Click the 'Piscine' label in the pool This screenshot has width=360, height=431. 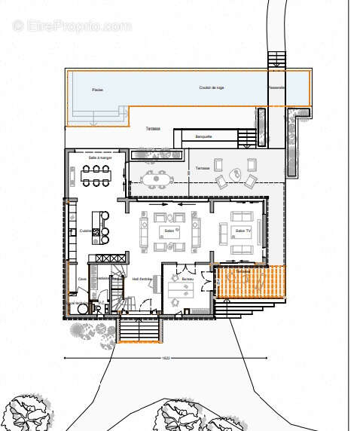97,90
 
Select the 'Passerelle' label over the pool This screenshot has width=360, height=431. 276,87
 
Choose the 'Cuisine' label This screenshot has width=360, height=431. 84,230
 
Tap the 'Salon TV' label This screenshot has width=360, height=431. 242,231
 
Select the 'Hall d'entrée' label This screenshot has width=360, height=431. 142,279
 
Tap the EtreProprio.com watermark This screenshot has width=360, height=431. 72,26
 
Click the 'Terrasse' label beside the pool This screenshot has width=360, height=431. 154,129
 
